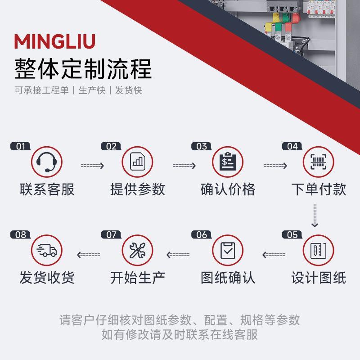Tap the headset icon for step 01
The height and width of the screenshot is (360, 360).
[x=47, y=162]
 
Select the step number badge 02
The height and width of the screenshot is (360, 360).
[x=111, y=146]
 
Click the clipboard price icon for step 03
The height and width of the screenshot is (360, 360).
[x=228, y=162]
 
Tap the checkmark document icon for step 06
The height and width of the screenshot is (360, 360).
[x=228, y=250]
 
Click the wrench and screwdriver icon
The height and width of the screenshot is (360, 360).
[x=137, y=250]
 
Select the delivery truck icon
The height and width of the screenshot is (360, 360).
[x=47, y=250]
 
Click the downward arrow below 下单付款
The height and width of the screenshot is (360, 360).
[x=315, y=215]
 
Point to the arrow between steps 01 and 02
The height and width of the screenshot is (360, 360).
[x=92, y=166]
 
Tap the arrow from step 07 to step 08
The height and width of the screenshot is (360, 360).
[x=89, y=255]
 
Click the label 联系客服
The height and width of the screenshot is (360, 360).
[x=47, y=189]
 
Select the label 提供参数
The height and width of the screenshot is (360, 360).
[x=137, y=189]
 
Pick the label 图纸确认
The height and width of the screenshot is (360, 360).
[x=228, y=278]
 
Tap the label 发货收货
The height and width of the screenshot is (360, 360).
[x=47, y=278]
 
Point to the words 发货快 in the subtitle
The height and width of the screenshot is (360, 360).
[x=129, y=90]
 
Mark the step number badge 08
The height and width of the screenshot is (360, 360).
[x=21, y=235]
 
